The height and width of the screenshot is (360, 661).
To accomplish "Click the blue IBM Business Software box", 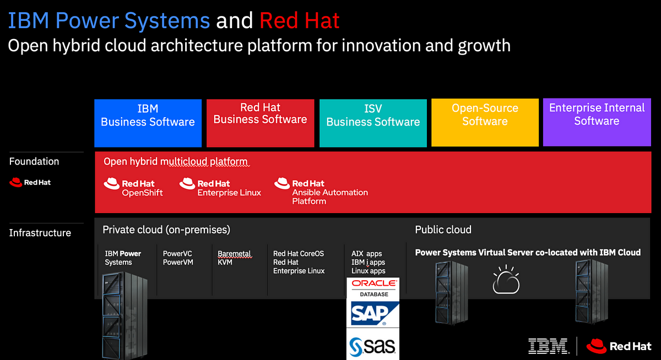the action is [148, 123].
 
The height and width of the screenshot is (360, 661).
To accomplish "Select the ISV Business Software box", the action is [373, 123].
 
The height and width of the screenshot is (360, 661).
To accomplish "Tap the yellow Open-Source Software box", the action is [485, 122].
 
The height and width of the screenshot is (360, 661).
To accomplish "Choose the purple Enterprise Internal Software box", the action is [597, 122].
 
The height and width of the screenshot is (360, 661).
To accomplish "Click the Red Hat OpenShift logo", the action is [133, 187].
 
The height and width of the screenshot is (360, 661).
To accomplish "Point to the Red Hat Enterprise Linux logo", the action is [220, 187].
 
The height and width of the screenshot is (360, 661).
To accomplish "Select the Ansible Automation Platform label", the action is [330, 197].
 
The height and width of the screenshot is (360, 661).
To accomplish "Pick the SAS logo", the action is [372, 346].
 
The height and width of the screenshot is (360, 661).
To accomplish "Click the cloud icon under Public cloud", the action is [506, 280].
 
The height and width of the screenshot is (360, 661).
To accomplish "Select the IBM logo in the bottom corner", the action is [549, 346].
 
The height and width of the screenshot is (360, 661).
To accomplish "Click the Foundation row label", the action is [34, 161].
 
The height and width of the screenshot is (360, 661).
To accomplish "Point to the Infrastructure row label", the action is [40, 233].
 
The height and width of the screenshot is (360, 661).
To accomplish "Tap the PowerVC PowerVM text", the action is [178, 258].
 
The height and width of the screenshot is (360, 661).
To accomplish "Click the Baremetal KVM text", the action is [234, 258].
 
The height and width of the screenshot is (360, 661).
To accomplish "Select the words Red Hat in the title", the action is [300, 20].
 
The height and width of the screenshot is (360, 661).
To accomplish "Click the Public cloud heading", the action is [443, 230].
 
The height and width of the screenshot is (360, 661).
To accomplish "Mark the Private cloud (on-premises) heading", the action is [166, 230].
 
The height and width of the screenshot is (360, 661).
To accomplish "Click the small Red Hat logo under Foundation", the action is [30, 183].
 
